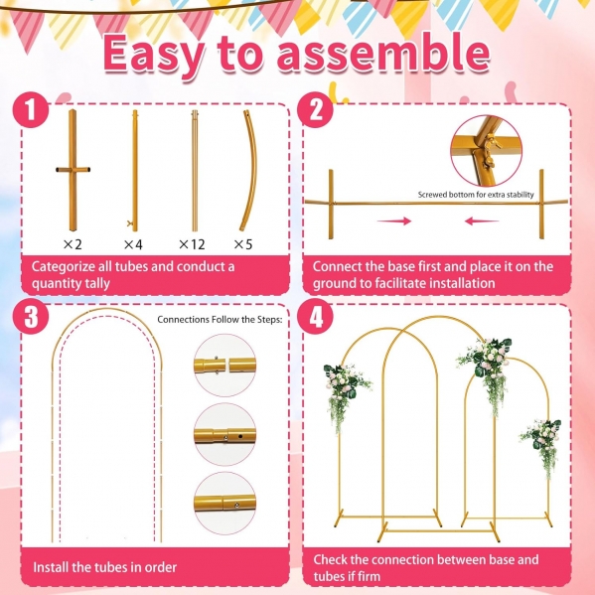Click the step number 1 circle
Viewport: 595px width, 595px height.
point(31,110)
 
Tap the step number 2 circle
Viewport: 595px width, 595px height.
point(315,110)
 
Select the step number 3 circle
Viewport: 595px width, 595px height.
point(31,316)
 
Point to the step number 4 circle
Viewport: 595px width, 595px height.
point(315,316)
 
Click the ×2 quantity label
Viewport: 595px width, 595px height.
point(73,244)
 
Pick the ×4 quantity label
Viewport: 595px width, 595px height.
point(133,244)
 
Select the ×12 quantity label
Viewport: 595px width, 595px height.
point(192,244)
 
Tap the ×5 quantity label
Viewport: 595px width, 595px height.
point(243,244)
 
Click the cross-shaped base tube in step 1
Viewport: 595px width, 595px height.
point(73,170)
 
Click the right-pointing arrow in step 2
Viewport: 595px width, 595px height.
point(394,221)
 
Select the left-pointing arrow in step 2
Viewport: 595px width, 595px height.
point(482,221)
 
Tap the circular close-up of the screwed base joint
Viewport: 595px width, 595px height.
point(487,151)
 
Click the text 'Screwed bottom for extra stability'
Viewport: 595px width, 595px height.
point(476,195)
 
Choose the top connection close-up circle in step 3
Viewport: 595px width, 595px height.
point(225,366)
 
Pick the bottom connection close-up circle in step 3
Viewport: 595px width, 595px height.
point(225,504)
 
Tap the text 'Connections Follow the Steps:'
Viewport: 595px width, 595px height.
point(220,320)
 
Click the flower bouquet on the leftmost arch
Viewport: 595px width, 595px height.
point(346,394)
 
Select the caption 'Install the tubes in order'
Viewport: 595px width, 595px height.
point(104,567)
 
